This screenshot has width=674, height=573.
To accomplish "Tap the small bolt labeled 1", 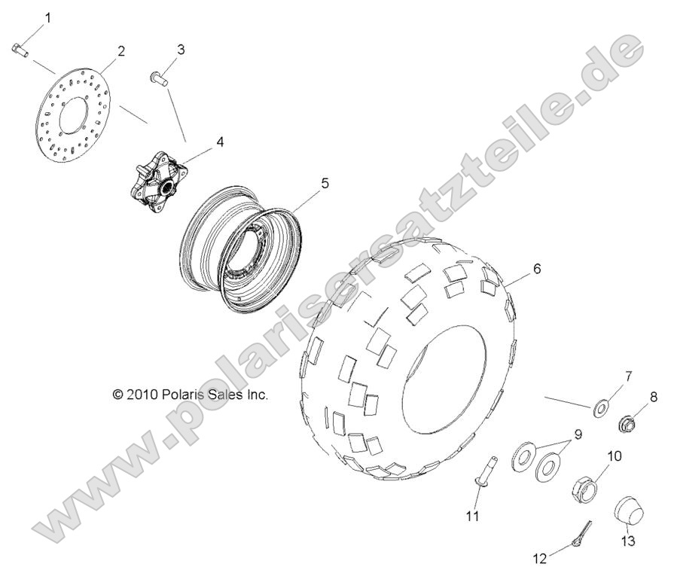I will tap(20, 50).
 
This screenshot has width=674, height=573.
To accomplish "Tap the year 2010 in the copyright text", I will tap(141, 394).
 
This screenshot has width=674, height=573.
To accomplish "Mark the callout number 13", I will tap(627, 541).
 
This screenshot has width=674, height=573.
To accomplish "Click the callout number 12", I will tap(540, 558).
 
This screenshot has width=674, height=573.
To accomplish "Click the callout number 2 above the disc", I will tap(120, 50).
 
